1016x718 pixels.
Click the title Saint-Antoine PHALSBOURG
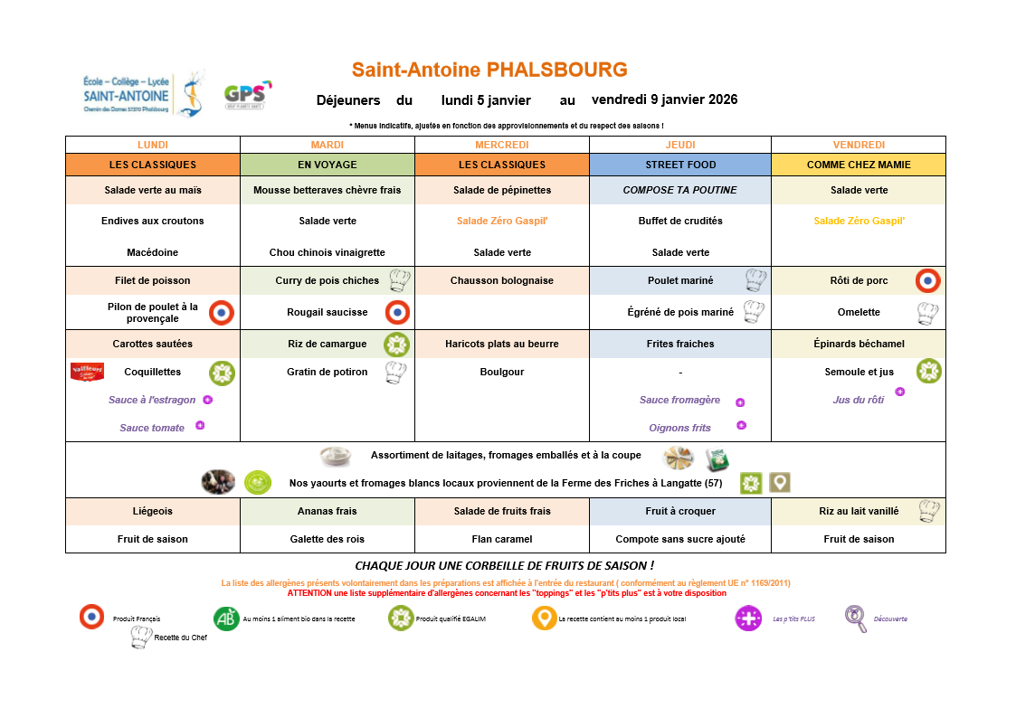tap(489, 70)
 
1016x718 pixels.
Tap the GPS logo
tap(247, 95)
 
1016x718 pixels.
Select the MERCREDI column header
tap(501, 145)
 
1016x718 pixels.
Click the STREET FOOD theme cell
tap(680, 165)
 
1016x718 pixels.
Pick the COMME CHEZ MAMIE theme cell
tap(858, 165)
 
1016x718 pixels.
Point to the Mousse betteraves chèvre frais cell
tap(327, 190)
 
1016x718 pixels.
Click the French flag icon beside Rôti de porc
tap(927, 280)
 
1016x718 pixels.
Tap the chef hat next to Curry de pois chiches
tap(399, 280)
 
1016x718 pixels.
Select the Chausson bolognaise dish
tap(501, 280)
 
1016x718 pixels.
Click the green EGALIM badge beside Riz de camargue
tap(396, 345)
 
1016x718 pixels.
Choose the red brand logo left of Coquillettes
tap(87, 372)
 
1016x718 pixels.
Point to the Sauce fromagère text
tap(679, 400)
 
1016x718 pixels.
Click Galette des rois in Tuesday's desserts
tap(327, 539)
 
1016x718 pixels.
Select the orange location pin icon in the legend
tap(544, 619)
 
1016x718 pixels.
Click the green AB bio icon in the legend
tap(226, 619)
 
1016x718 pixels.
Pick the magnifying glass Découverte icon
tap(856, 619)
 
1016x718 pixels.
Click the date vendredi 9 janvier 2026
tap(664, 99)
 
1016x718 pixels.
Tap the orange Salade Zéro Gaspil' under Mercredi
tap(501, 221)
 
